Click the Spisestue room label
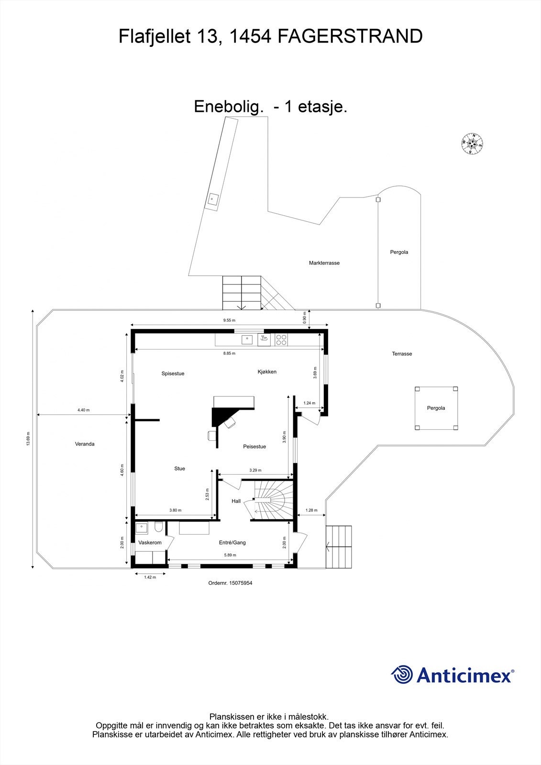(x=173, y=373)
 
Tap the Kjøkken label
(x=267, y=372)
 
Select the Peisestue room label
(x=254, y=447)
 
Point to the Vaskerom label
(x=150, y=543)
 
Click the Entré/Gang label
(x=232, y=543)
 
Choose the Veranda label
(x=85, y=444)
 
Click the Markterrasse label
(x=324, y=263)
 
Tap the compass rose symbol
(x=472, y=143)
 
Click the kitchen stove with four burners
(x=281, y=340)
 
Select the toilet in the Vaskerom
(x=159, y=527)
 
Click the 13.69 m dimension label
(x=28, y=438)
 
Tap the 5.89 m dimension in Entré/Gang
(x=230, y=555)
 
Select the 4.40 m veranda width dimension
(x=83, y=410)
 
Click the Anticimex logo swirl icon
(x=402, y=675)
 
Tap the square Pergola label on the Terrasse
(x=436, y=408)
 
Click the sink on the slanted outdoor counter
(x=212, y=199)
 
